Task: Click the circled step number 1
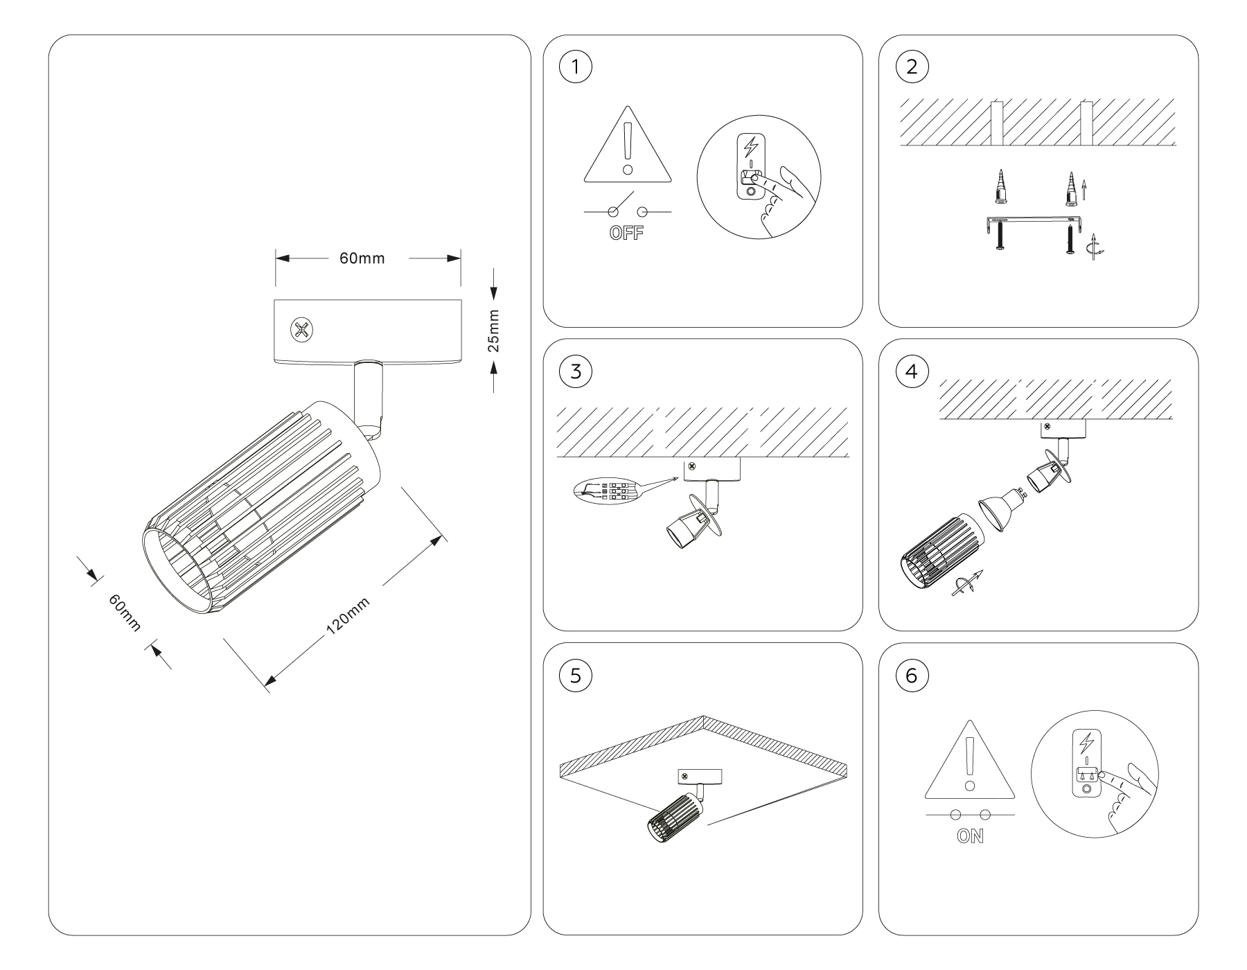pos(576,67)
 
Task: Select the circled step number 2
pos(912,67)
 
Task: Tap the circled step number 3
pos(576,371)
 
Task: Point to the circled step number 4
pos(912,371)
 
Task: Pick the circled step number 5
pos(576,676)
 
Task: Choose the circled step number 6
pos(912,676)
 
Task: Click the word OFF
pos(626,233)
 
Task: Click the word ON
pos(970,836)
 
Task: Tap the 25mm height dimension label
pos(493,330)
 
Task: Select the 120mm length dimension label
pos(348,615)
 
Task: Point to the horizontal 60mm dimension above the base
pos(362,258)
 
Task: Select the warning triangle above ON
pos(970,762)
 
